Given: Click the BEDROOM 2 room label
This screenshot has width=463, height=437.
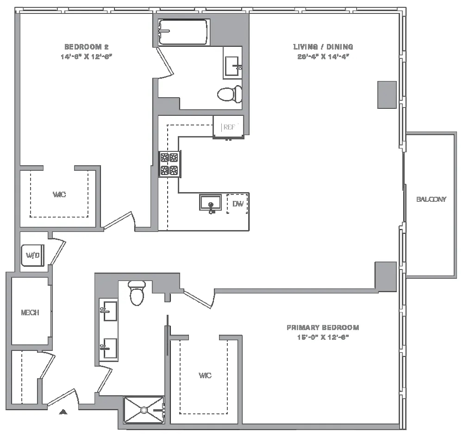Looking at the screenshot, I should [86, 47].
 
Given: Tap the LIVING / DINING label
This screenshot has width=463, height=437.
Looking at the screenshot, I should [323, 47].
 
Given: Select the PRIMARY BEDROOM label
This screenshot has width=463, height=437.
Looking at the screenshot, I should [323, 328].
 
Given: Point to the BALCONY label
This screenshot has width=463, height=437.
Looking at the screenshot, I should [431, 200].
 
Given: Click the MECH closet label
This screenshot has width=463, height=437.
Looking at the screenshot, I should [30, 313].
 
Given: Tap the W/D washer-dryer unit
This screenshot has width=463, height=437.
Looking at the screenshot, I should [32, 255].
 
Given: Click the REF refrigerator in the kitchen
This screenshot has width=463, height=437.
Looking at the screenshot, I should [228, 127].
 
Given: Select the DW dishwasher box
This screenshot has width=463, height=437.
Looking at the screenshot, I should [238, 204].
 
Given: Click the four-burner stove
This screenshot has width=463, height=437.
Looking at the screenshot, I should [169, 164].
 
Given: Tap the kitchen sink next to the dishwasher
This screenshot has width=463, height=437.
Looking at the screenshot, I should [211, 203].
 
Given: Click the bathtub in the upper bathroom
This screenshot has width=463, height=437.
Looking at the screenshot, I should [184, 32].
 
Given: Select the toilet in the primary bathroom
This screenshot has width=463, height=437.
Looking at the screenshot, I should [137, 293].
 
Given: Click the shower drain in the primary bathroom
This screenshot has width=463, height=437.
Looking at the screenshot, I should [144, 410].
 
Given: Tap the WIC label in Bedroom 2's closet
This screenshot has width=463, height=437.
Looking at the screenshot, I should [59, 195].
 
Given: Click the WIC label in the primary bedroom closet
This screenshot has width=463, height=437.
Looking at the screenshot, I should [205, 376].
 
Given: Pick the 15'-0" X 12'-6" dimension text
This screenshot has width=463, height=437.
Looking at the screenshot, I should [323, 337].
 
